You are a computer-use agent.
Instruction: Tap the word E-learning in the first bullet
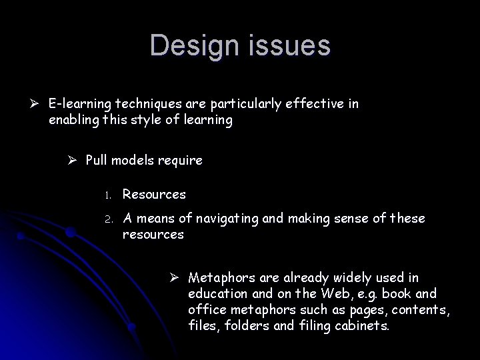coord(79,104)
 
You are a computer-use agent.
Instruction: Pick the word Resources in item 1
coord(154,194)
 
